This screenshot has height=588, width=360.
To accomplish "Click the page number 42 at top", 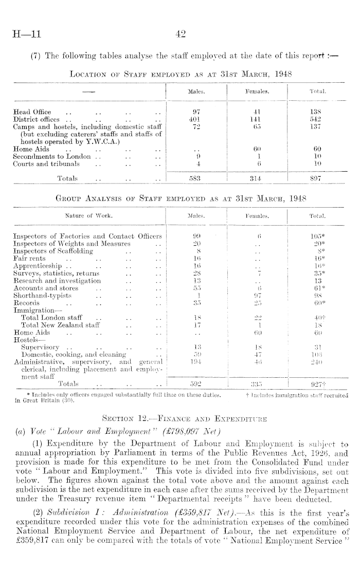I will point(180,34).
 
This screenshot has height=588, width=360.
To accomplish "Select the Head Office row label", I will point(31,112).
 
